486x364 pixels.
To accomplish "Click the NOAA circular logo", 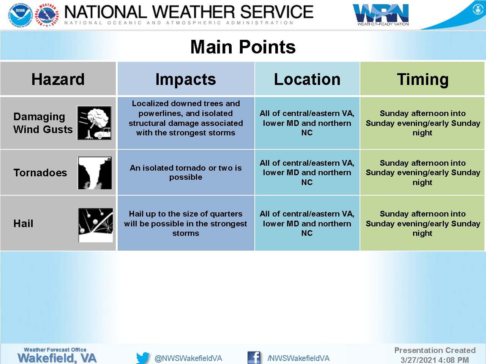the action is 21,15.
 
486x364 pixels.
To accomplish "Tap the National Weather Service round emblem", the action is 47,15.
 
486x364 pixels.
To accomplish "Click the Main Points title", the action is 243,47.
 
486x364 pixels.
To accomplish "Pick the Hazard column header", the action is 58,79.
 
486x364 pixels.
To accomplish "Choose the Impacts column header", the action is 186,79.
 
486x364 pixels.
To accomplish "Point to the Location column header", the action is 307,79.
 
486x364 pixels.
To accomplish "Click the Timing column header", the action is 423,80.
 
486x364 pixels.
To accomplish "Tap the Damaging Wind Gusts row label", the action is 43,123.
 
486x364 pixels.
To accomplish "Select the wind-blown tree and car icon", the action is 94,123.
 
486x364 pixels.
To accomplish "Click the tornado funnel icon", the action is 95,173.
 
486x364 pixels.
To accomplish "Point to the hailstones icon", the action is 95,225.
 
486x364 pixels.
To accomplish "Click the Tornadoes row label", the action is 40,173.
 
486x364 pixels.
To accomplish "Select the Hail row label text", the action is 23,223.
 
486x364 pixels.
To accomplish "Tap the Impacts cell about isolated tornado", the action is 186,173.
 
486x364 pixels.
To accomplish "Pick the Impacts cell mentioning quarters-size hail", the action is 186,223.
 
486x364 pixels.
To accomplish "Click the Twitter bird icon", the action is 143,358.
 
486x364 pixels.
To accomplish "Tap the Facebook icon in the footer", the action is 254,358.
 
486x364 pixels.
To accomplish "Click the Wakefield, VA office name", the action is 57,358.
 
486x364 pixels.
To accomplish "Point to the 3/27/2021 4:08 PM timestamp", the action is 435,360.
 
